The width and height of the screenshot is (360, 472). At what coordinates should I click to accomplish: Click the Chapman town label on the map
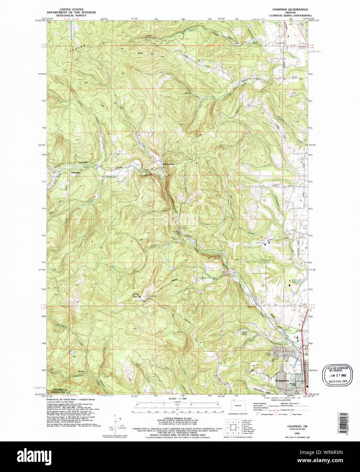point(75,173)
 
